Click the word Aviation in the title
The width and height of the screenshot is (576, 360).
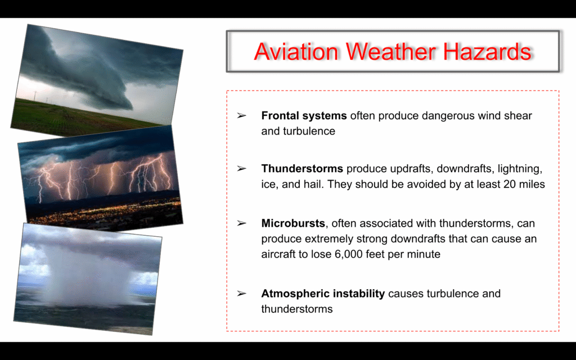coord(296,51)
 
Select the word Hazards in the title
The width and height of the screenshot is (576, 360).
coord(487,51)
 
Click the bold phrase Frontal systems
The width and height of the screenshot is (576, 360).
coord(304,116)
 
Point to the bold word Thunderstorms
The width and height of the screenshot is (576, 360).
coord(302,169)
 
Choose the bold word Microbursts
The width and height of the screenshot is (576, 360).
coord(293,223)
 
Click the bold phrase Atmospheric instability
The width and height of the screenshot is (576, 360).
coord(323,294)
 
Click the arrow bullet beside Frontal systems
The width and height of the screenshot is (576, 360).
coord(241,116)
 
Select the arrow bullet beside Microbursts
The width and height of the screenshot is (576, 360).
coord(241,223)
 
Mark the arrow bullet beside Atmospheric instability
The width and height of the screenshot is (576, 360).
coord(241,294)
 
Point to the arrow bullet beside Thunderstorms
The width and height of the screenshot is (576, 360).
coord(241,169)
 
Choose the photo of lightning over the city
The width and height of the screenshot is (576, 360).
coord(100,177)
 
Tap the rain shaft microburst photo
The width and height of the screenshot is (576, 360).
coord(87,279)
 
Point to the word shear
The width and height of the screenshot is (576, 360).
coord(518,116)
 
